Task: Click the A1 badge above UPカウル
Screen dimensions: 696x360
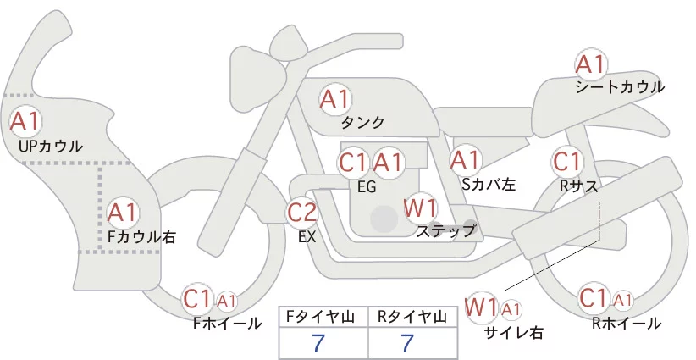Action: pyautogui.click(x=25, y=121)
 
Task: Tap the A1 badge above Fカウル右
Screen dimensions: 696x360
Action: pyautogui.click(x=123, y=213)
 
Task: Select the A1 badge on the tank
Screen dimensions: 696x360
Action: pyautogui.click(x=335, y=99)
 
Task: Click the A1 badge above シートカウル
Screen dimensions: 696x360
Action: pyautogui.click(x=591, y=65)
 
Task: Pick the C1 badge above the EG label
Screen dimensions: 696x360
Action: pyautogui.click(x=353, y=163)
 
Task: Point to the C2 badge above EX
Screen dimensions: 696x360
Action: pyautogui.click(x=301, y=213)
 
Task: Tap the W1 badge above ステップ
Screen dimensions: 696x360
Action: pyautogui.click(x=420, y=208)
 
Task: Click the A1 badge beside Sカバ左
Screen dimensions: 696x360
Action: pyautogui.click(x=465, y=160)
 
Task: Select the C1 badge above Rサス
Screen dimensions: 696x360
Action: pyautogui.click(x=567, y=162)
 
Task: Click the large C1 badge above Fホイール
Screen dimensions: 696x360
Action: pyautogui.click(x=196, y=299)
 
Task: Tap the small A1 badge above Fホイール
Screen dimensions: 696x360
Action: pyautogui.click(x=226, y=302)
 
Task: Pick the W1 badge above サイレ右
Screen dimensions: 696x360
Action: pyautogui.click(x=482, y=307)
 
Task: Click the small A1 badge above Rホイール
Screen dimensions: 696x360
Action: pyautogui.click(x=623, y=301)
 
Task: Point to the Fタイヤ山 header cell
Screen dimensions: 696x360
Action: pyautogui.click(x=323, y=317)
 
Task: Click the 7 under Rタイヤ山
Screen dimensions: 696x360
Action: pyautogui.click(x=407, y=343)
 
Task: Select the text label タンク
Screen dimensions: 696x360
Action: pyautogui.click(x=362, y=123)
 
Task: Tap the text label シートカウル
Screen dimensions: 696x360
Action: pyautogui.click(x=620, y=87)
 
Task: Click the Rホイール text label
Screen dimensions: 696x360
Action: pyautogui.click(x=627, y=324)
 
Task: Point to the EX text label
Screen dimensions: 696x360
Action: pyautogui.click(x=307, y=237)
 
